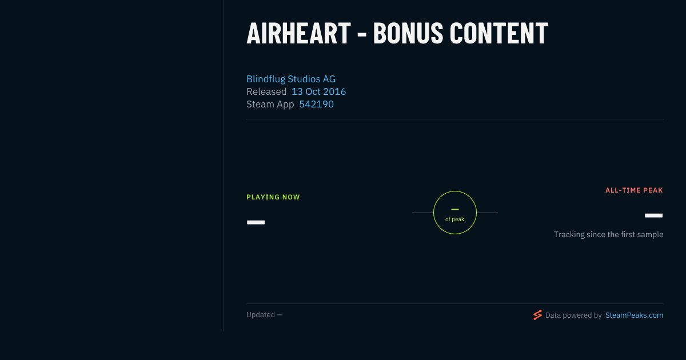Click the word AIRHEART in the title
coord(298,33)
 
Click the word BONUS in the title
coord(408,33)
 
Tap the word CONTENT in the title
coord(499,33)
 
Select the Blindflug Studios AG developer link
coord(291,79)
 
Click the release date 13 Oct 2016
coord(318,91)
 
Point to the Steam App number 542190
coord(316,104)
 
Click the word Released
coord(266,91)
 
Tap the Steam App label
coord(270,105)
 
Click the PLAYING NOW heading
coord(273,197)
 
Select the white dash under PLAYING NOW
coord(256,222)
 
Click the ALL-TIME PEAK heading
coord(634,190)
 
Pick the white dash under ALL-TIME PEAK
coord(653,215)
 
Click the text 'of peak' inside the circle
coord(455,219)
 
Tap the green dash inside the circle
coord(455,209)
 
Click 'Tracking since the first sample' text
coord(608,234)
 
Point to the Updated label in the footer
coord(261,315)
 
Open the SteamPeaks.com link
coord(634,315)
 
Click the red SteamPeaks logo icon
coord(537,315)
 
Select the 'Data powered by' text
coord(573,315)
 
